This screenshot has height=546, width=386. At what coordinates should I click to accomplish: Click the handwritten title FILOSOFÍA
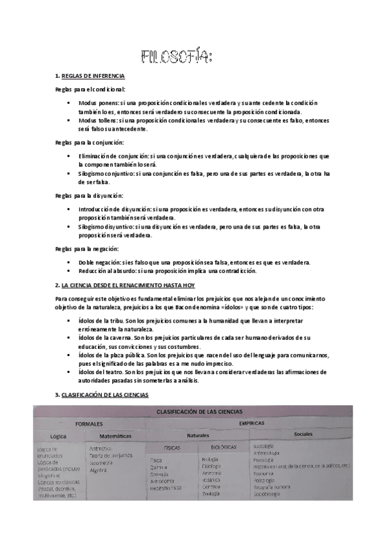176,58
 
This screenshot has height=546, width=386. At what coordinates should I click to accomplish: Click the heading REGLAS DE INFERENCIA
93,76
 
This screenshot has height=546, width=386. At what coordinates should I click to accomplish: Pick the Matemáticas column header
117,436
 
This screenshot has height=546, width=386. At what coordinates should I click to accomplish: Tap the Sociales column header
302,435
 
